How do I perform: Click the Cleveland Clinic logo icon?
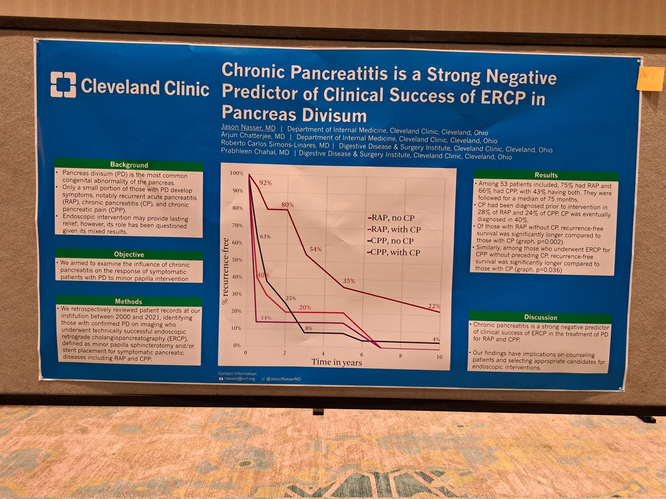click(63, 84)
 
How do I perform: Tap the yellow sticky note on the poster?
click(650, 79)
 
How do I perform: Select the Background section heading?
click(128, 165)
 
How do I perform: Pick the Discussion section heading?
click(540, 317)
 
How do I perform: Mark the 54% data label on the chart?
click(315, 249)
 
